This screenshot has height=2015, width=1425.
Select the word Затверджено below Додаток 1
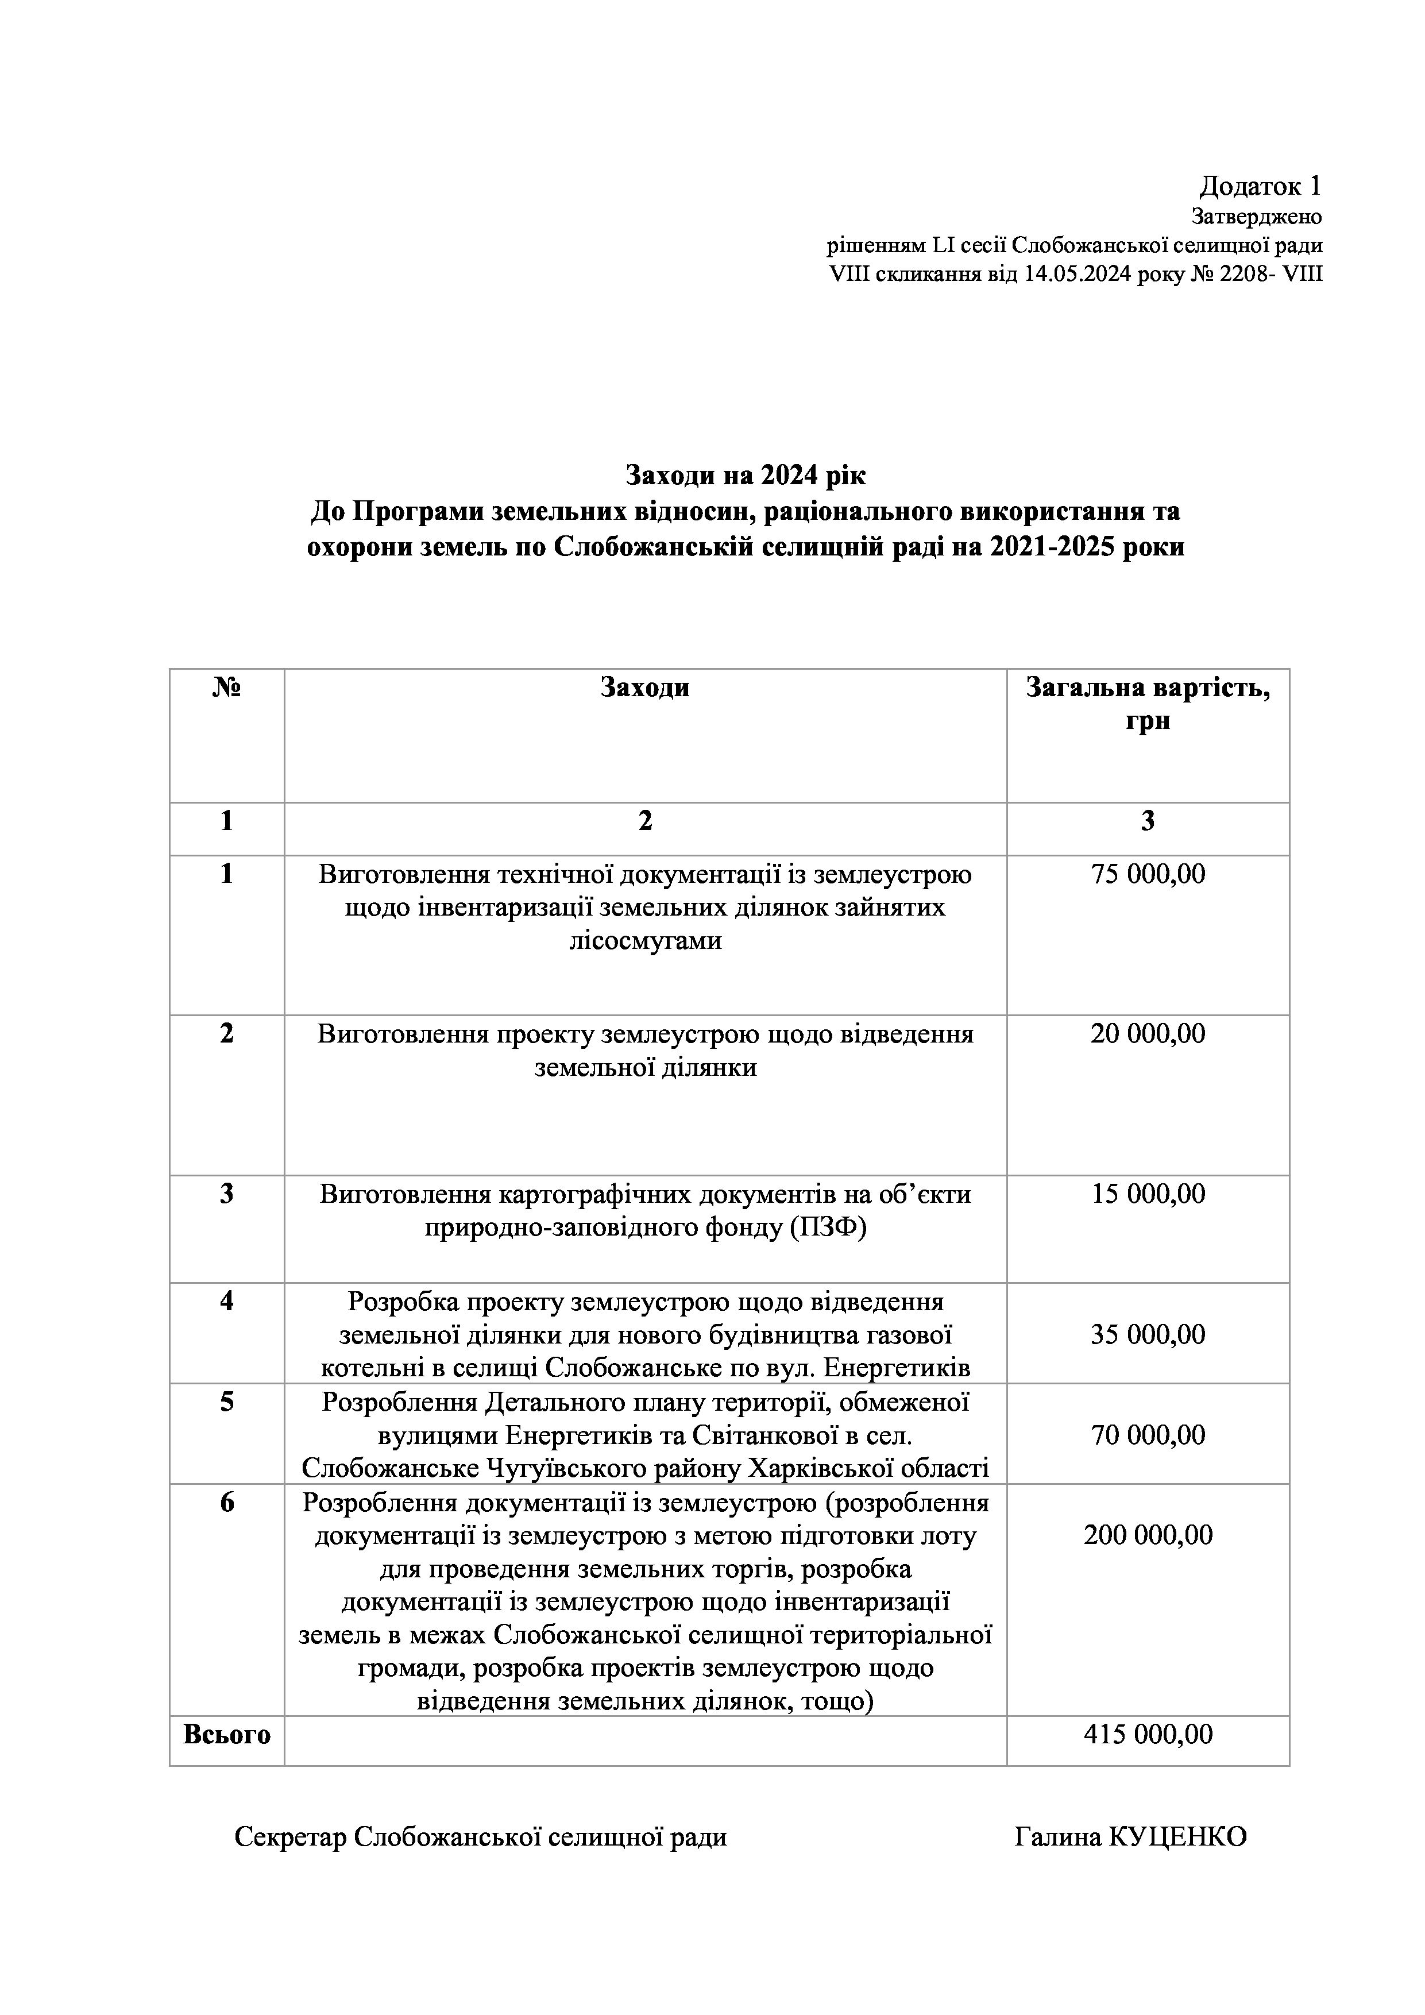pyautogui.click(x=1257, y=216)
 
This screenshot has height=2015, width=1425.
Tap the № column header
pyautogui.click(x=226, y=687)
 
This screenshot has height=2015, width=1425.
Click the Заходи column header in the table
pyautogui.click(x=645, y=687)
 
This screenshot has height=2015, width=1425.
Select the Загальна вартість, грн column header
pyautogui.click(x=1148, y=704)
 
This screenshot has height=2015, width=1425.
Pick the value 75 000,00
pyautogui.click(x=1148, y=874)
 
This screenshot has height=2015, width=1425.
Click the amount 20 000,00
pyautogui.click(x=1148, y=1034)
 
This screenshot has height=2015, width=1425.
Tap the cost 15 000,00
pyautogui.click(x=1148, y=1194)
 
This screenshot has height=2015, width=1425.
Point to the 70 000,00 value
pyautogui.click(x=1148, y=1435)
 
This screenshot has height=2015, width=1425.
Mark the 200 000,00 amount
pyautogui.click(x=1148, y=1535)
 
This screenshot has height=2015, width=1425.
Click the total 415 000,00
pyautogui.click(x=1148, y=1734)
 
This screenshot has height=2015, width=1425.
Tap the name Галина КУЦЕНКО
pyautogui.click(x=1130, y=1838)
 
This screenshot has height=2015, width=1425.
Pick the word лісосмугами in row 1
pyautogui.click(x=645, y=941)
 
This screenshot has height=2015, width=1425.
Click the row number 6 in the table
pyautogui.click(x=226, y=1503)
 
